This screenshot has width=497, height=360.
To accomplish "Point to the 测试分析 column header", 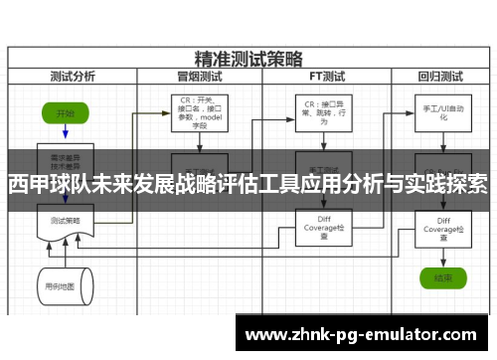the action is (x=72, y=75).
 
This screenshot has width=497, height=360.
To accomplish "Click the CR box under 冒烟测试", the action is (x=199, y=111).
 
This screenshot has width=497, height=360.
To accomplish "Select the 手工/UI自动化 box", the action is (x=435, y=112).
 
